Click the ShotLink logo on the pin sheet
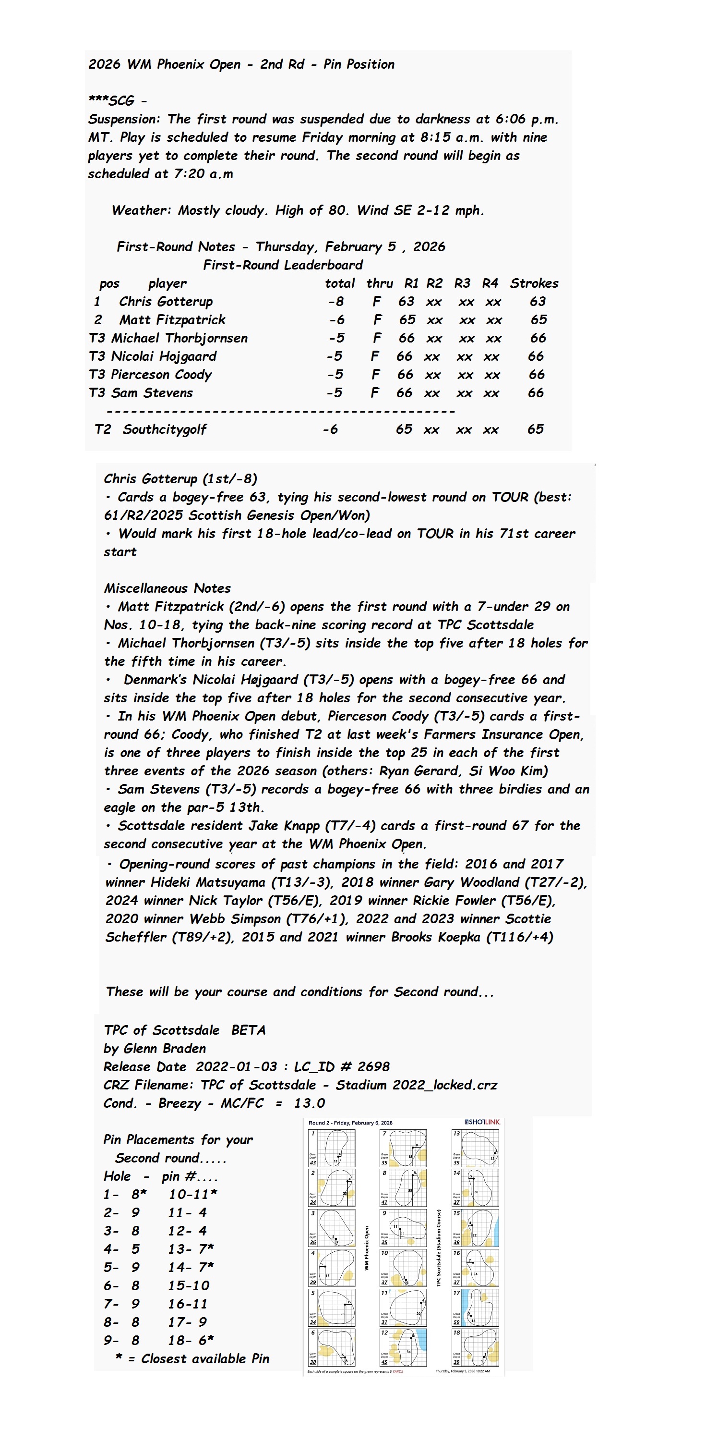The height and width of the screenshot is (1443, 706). click(481, 1122)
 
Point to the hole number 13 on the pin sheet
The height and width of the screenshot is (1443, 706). click(456, 1133)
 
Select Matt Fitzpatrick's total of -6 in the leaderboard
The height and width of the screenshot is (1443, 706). click(336, 320)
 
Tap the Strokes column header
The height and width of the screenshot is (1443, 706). click(534, 283)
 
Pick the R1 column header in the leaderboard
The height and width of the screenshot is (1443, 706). click(411, 283)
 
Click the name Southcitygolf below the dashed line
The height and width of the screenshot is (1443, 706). click(165, 429)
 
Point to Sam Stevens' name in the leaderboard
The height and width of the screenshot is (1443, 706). click(152, 392)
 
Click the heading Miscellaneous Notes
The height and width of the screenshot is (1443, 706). click(167, 588)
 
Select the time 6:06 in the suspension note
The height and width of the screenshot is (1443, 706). click(510, 119)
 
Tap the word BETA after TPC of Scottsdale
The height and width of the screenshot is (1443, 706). click(248, 1030)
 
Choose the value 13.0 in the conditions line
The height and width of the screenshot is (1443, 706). click(309, 1103)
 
